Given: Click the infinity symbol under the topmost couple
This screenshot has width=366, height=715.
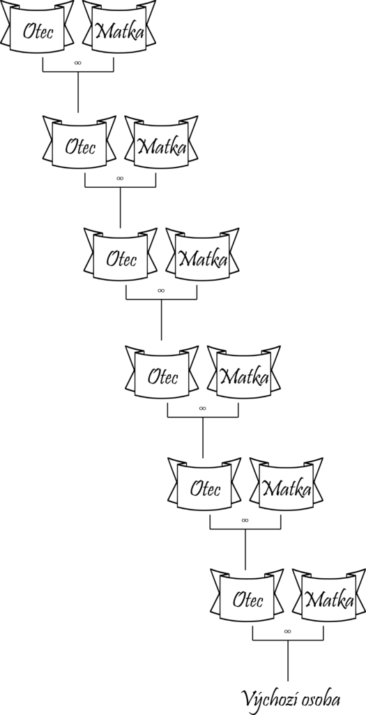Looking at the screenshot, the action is tap(78, 63).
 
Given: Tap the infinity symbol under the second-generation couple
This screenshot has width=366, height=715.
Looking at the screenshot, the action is tap(120, 178).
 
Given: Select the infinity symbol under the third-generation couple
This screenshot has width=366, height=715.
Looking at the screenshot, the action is tap(161, 290).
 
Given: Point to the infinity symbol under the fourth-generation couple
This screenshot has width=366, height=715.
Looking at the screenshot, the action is tap(203, 408).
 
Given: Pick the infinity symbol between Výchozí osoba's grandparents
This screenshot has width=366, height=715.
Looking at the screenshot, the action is tap(245, 520).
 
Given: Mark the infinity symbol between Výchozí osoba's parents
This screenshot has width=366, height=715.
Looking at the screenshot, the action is tap(288, 631).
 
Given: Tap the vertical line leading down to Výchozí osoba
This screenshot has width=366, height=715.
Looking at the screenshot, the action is tap(288, 661).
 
